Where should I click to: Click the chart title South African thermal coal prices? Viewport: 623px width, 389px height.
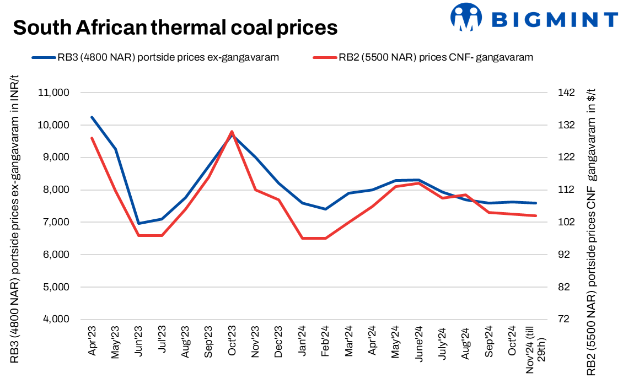[x=175, y=27]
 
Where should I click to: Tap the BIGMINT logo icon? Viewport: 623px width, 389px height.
[x=466, y=17]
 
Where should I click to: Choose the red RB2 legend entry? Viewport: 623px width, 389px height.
[x=422, y=57]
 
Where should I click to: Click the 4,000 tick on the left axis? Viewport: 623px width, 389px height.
[x=54, y=320]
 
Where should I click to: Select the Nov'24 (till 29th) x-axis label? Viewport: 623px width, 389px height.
[x=535, y=350]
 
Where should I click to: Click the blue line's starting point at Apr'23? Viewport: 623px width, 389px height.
[x=92, y=117]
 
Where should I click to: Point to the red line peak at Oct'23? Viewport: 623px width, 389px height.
[x=232, y=132]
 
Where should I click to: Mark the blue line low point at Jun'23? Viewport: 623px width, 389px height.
[x=139, y=224]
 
